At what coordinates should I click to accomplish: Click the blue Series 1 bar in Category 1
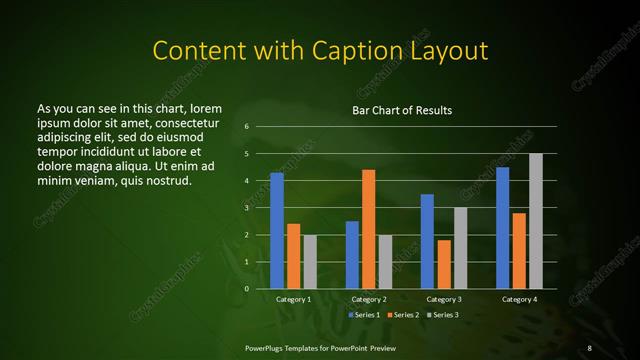tap(277, 231)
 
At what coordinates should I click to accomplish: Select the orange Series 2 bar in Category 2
tap(368, 229)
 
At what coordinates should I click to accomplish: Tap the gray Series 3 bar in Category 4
tap(536, 221)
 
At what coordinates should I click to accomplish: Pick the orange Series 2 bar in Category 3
tap(444, 264)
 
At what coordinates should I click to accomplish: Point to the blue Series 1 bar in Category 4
tap(502, 228)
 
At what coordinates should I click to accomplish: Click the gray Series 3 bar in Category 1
tap(310, 262)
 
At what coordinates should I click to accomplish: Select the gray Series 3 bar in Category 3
tap(460, 248)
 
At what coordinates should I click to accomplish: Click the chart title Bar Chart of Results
tap(402, 110)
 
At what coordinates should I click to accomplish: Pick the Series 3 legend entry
tap(444, 315)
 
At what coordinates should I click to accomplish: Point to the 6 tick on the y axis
tap(246, 127)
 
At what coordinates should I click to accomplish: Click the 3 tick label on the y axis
tap(246, 208)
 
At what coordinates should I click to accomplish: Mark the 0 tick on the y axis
tap(246, 289)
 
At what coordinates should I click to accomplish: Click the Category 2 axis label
tap(368, 300)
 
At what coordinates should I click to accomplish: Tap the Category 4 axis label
tap(518, 300)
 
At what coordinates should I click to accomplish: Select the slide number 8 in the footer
tap(589, 347)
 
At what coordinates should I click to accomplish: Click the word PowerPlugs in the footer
tap(265, 347)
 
